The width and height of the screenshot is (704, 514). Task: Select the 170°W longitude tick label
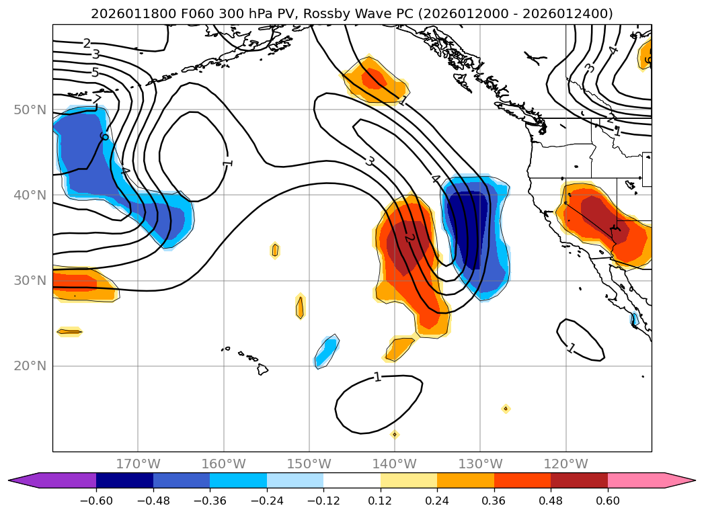coord(138,464)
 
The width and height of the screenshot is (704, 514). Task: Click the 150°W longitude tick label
coord(309,464)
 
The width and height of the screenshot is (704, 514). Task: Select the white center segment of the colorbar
coord(352,480)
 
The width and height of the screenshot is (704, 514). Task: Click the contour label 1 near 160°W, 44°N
coord(228,162)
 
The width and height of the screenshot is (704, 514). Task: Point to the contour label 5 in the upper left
coord(95,72)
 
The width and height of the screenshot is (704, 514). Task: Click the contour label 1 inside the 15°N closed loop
coord(377,377)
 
